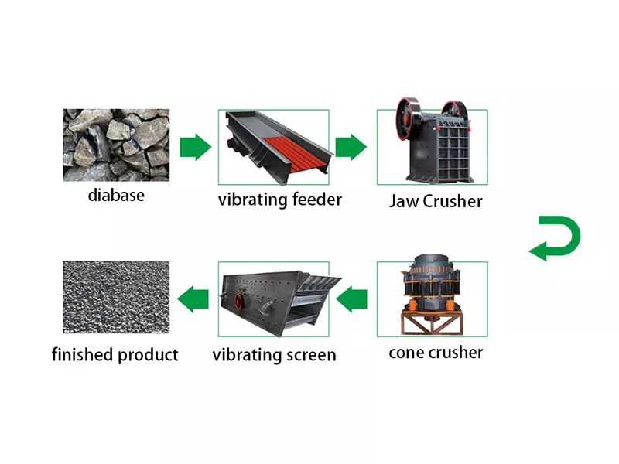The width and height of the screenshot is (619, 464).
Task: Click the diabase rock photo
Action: (117, 145)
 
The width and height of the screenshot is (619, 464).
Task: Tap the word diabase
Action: (116, 196)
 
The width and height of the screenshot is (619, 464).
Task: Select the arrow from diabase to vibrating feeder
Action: (196, 147)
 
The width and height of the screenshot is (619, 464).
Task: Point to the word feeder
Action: (317, 200)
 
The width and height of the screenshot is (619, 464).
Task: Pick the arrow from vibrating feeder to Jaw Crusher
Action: (351, 147)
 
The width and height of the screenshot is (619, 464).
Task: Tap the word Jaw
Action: (404, 201)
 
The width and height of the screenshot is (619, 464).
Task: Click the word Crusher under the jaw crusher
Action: (453, 201)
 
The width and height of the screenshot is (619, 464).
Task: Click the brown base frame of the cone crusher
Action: (432, 322)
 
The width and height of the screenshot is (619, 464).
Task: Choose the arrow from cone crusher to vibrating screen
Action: (351, 299)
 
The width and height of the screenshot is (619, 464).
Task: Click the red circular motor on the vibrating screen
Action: (239, 301)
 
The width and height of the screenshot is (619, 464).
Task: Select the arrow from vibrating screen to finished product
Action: (193, 299)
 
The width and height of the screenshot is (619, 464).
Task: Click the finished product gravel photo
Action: (117, 297)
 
